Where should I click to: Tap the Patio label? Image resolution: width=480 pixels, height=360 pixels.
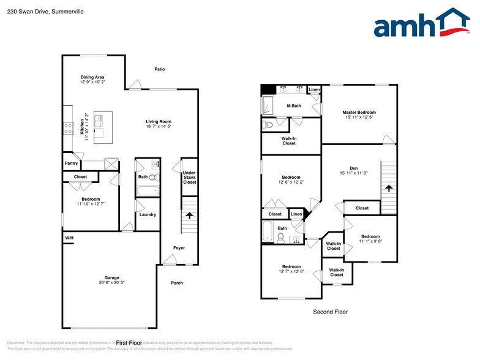point(159,69)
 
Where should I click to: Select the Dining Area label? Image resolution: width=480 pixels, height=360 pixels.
point(92,77)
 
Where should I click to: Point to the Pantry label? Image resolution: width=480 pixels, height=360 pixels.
point(71,163)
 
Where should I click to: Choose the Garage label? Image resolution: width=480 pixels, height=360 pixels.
point(111,277)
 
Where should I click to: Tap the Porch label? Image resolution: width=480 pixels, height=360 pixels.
point(176,283)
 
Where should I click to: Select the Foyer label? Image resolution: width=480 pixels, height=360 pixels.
point(179,248)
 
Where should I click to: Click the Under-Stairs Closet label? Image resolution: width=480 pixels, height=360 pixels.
point(190,178)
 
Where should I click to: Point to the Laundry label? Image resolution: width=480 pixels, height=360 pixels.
point(148,214)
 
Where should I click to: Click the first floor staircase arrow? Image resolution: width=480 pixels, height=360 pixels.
point(189,216)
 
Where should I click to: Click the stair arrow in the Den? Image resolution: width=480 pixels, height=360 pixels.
point(388,189)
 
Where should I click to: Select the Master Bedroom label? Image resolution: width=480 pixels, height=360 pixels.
point(359,113)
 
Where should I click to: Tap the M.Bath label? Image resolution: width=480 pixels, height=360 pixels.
point(294,106)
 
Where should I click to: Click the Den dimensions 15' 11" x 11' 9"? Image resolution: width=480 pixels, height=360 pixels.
point(353,173)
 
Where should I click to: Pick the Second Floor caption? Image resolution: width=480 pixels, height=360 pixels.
point(330,312)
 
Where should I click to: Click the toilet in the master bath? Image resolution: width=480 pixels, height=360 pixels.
point(268,125)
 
